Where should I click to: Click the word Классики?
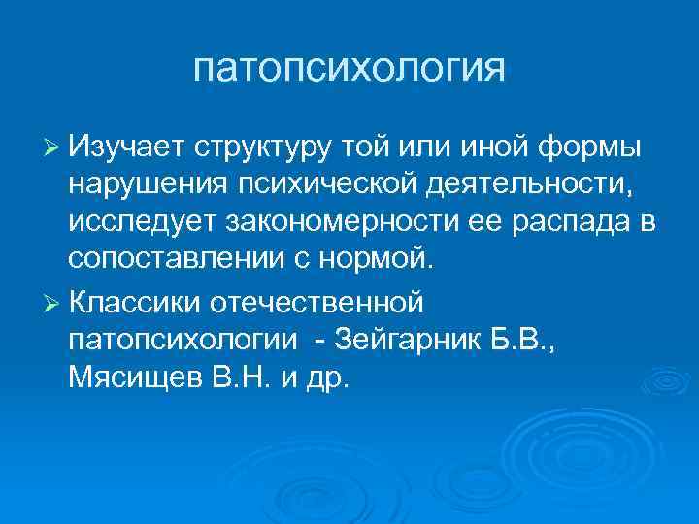136,302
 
